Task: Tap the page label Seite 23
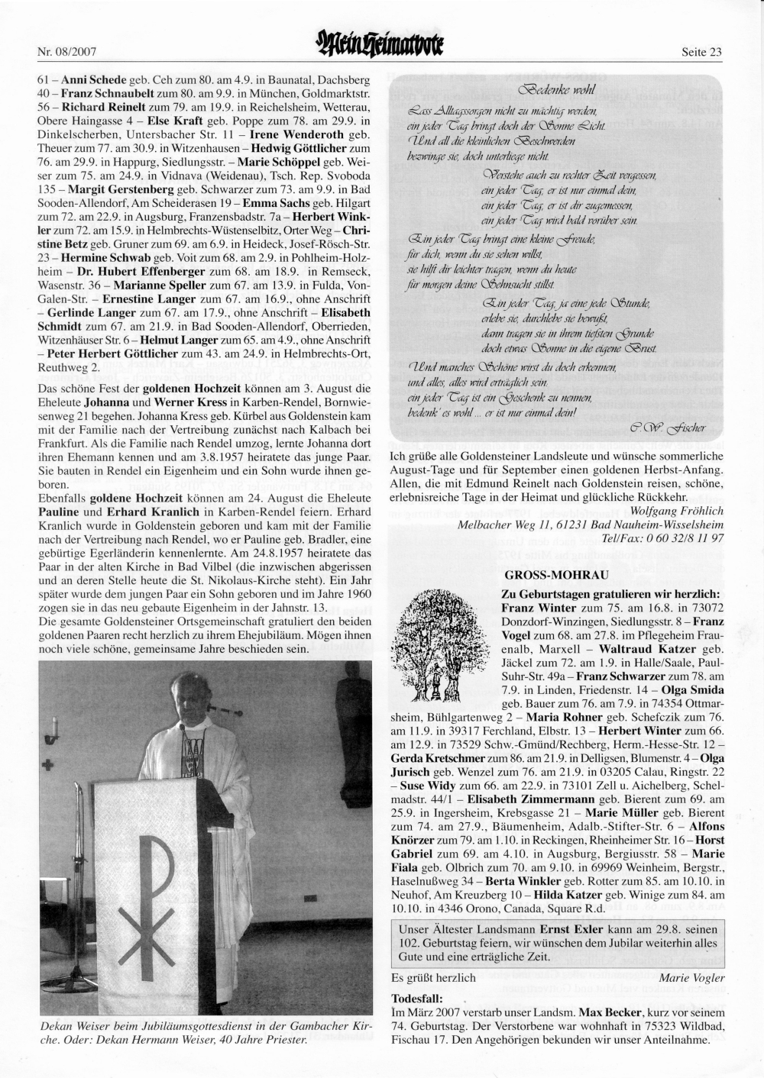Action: [x=701, y=53]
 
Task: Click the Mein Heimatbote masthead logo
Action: [x=381, y=50]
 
